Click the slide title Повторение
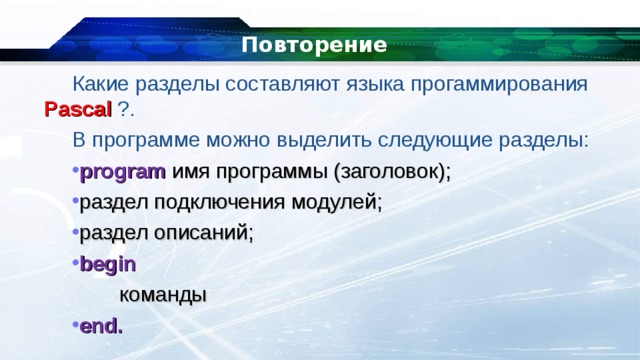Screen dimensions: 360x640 coord(314,45)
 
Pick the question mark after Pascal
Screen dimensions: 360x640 coord(123,108)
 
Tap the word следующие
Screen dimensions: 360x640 coord(456,138)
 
